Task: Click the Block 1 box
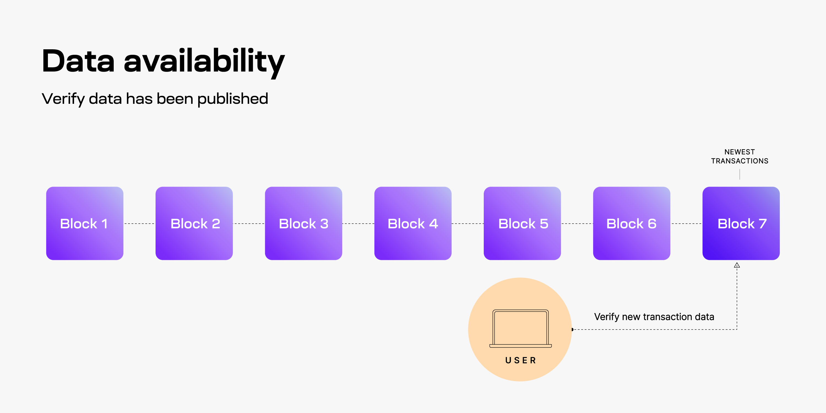pyautogui.click(x=85, y=223)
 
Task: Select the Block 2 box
pyautogui.click(x=194, y=223)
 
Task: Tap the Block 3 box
pyautogui.click(x=303, y=223)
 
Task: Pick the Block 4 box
pyautogui.click(x=413, y=223)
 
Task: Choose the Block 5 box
pyautogui.click(x=522, y=223)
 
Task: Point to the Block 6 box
pyautogui.click(x=631, y=223)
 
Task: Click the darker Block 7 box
pyautogui.click(x=741, y=223)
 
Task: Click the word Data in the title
pyautogui.click(x=78, y=61)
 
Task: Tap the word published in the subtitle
pyautogui.click(x=232, y=99)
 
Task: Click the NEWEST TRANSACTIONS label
pyautogui.click(x=740, y=156)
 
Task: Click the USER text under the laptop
pyautogui.click(x=520, y=360)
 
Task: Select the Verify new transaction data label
pyautogui.click(x=654, y=317)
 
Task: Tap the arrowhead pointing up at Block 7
pyautogui.click(x=737, y=265)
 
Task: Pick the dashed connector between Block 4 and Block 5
pyautogui.click(x=468, y=224)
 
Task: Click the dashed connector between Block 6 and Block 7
pyautogui.click(x=686, y=224)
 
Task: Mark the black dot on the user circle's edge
pyautogui.click(x=572, y=329)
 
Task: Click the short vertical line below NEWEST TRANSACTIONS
pyautogui.click(x=740, y=175)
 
